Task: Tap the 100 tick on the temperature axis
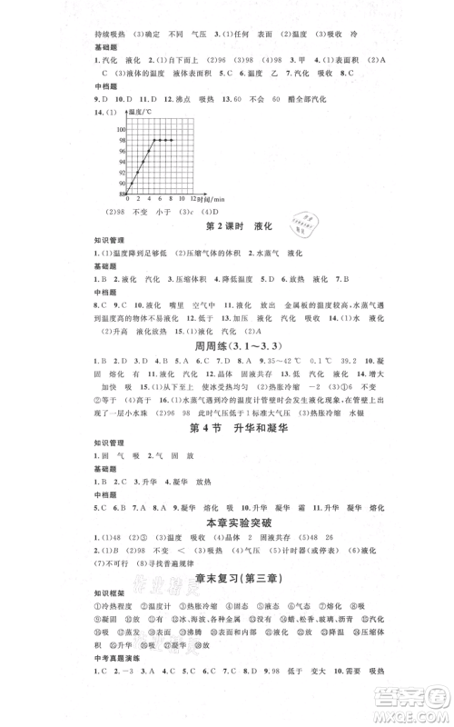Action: (122, 129)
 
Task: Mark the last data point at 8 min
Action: (173, 140)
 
